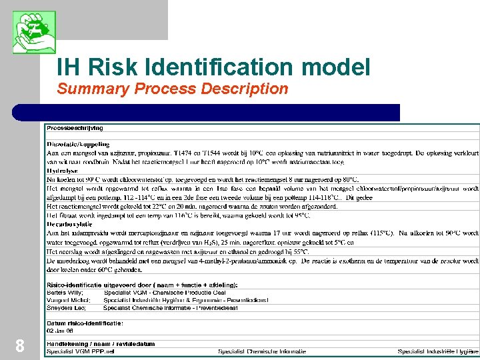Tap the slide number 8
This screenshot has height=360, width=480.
tap(20, 345)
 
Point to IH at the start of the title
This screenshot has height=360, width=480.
tap(69, 67)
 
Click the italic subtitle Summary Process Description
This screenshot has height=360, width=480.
tap(173, 89)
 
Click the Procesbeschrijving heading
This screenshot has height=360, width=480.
tap(75, 128)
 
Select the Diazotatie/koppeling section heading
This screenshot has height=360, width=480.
tap(78, 144)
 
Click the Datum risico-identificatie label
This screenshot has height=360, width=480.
tap(85, 323)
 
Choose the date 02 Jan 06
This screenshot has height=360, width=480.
tap(60, 330)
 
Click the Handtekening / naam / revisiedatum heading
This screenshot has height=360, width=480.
tap(100, 344)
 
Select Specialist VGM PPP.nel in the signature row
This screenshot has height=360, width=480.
tap(80, 351)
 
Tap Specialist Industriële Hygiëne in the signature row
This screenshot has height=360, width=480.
tap(438, 351)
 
